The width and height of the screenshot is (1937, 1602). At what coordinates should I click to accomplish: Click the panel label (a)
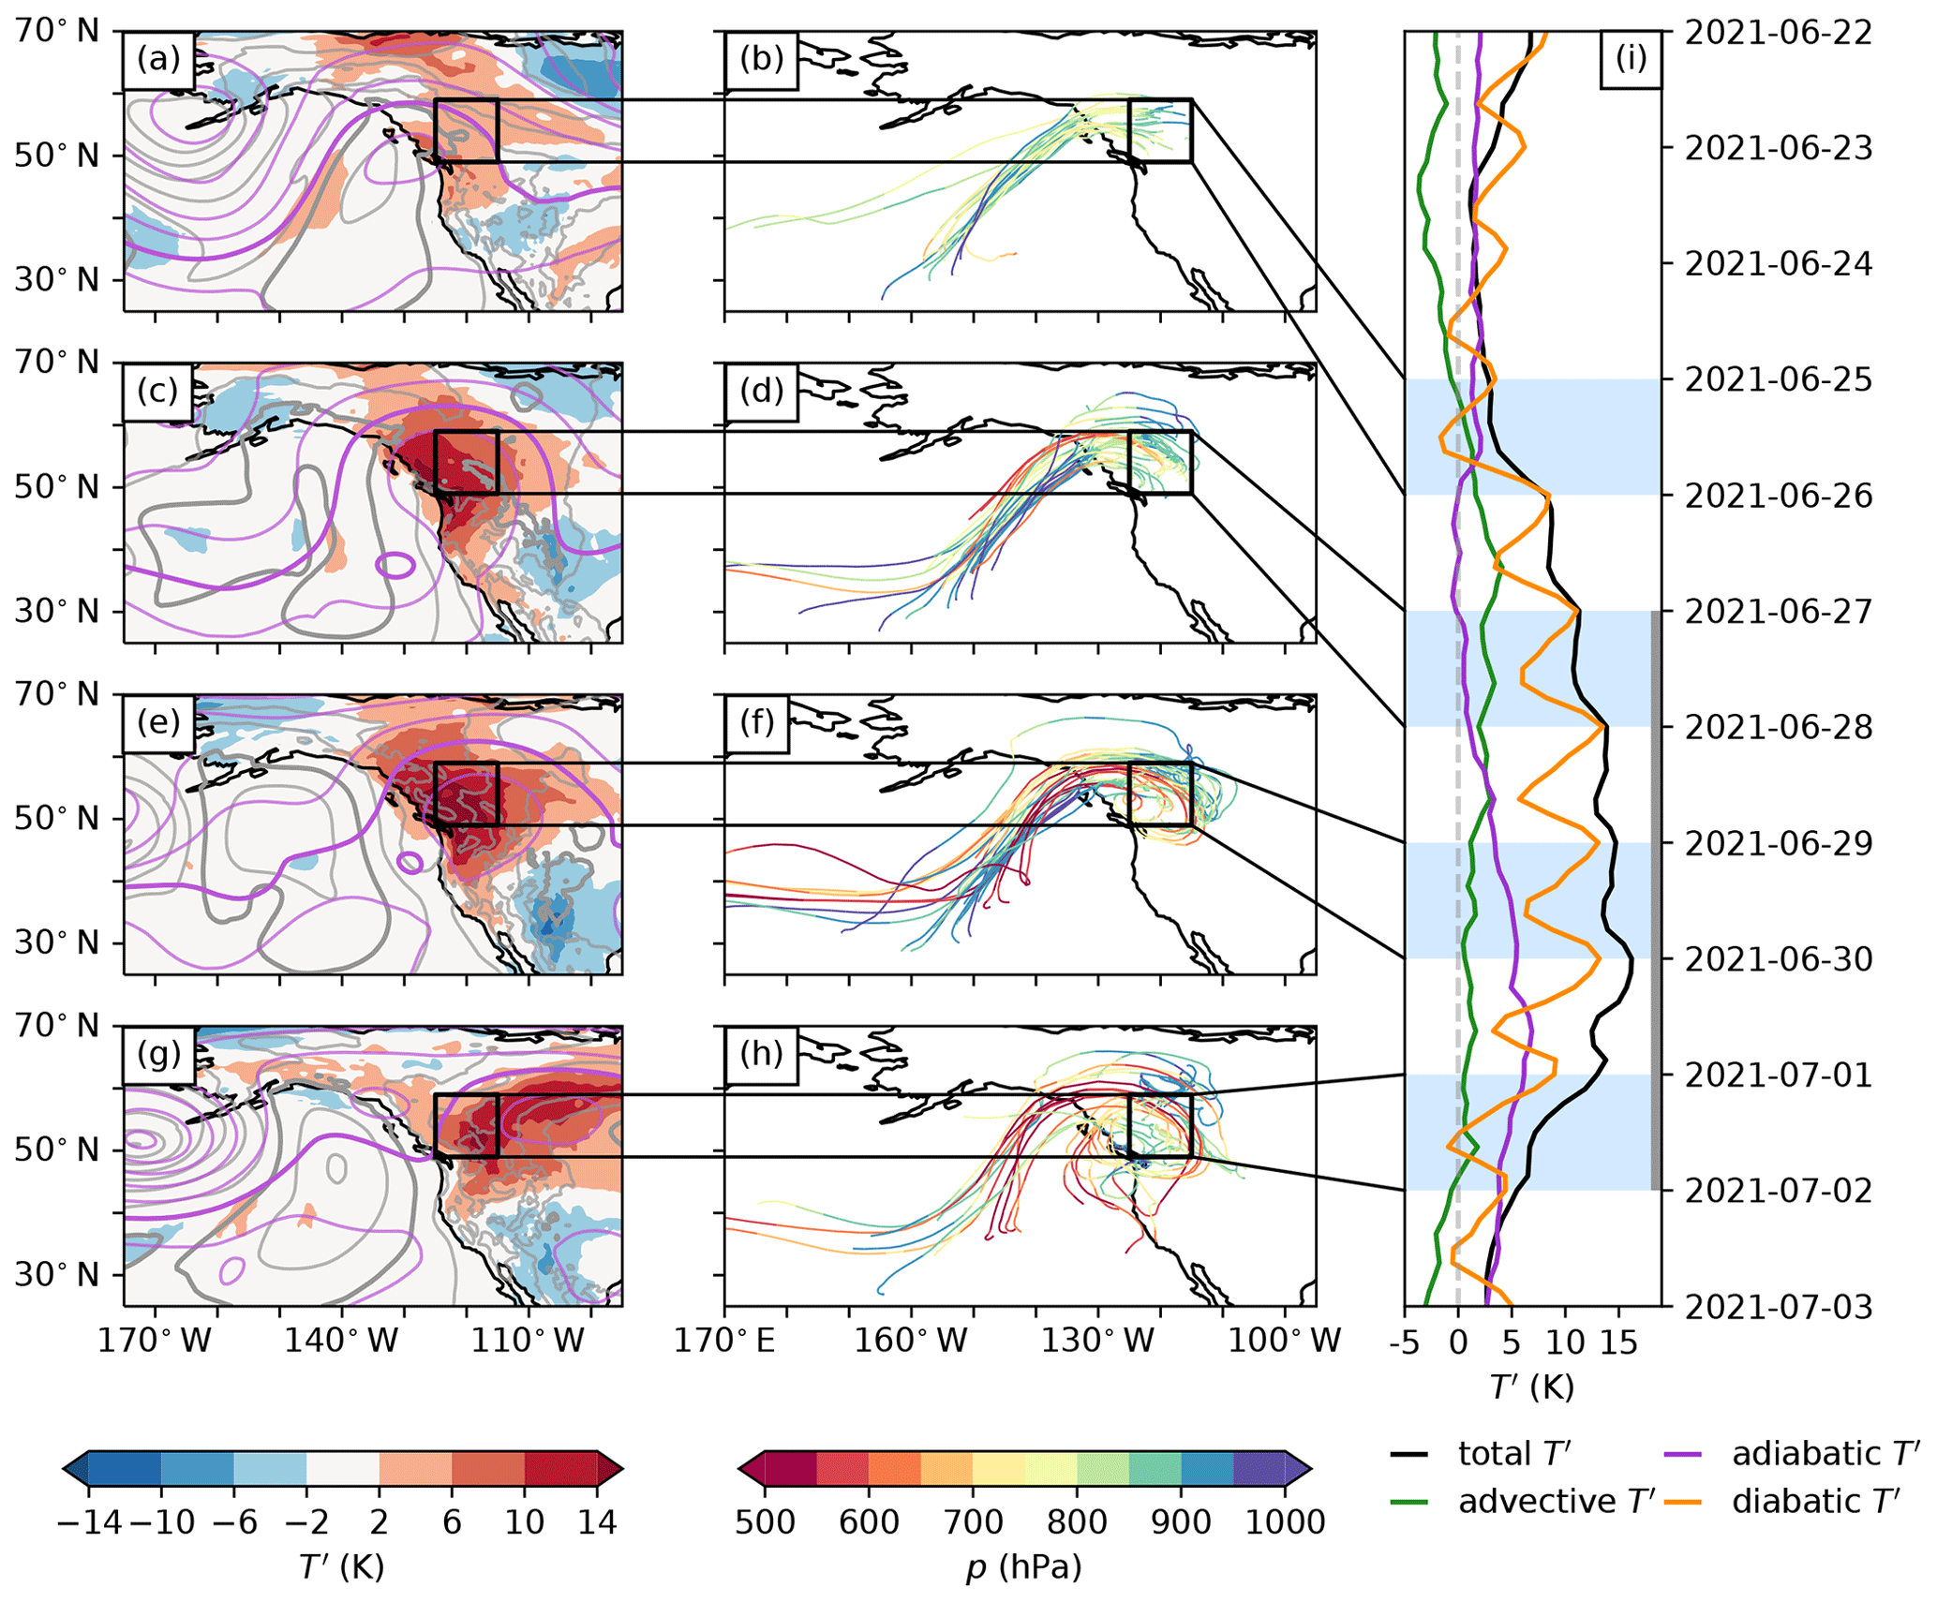[x=157, y=59]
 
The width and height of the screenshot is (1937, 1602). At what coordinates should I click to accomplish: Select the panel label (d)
[x=761, y=391]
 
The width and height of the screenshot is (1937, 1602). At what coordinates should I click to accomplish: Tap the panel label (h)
[x=761, y=1054]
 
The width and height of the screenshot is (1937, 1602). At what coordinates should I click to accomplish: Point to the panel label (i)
[x=1631, y=59]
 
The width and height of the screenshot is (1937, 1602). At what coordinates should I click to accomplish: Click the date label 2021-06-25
[x=1778, y=380]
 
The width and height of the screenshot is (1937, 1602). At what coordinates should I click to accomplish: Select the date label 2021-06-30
[x=1778, y=959]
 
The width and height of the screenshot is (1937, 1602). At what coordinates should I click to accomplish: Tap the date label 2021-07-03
[x=1778, y=1306]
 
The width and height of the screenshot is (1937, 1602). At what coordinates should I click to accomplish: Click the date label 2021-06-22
[x=1778, y=33]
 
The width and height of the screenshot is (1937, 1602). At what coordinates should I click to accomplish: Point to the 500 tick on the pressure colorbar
[x=765, y=1521]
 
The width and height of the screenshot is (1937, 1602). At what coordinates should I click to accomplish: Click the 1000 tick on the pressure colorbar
[x=1285, y=1521]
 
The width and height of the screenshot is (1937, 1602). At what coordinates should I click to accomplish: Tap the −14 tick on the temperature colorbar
[x=90, y=1521]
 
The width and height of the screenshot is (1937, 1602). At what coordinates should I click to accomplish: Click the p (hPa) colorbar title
[x=1023, y=1566]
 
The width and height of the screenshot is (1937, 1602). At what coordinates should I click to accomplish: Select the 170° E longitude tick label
[x=725, y=1341]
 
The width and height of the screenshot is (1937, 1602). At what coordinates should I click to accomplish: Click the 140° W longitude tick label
[x=342, y=1341]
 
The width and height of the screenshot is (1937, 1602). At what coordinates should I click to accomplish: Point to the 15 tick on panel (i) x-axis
[x=1618, y=1342]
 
